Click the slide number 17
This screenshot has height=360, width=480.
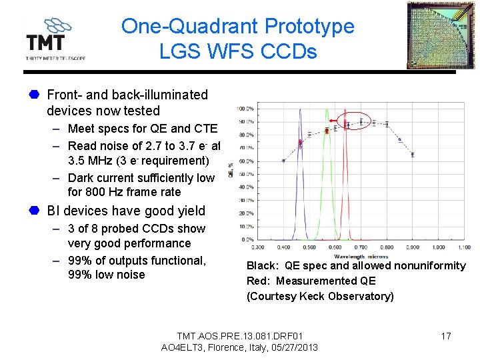click(446, 336)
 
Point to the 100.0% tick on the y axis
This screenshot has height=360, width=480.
click(245, 109)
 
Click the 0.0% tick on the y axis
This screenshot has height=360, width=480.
click(247, 239)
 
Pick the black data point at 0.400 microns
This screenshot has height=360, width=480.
click(283, 160)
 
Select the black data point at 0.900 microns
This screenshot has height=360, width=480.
click(412, 154)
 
